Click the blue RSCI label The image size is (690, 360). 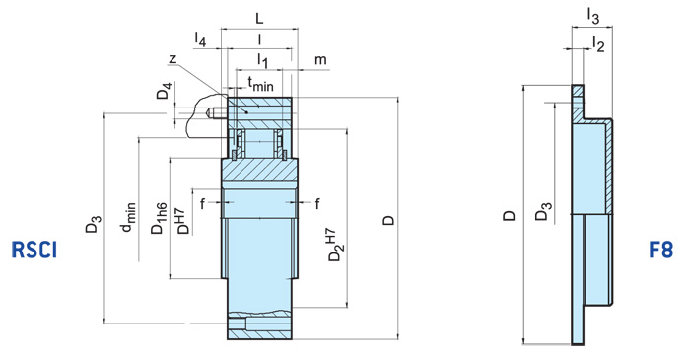tap(34, 251)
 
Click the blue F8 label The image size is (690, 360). tap(661, 251)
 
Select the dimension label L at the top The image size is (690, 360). tap(258, 19)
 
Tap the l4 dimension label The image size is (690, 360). tap(201, 40)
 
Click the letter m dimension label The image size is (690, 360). tap(320, 62)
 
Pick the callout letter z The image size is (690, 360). tap(172, 60)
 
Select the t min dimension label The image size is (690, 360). tap(260, 84)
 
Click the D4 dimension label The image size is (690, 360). tap(165, 94)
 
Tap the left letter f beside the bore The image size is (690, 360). tap(202, 204)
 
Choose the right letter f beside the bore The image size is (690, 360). tap(317, 204)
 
